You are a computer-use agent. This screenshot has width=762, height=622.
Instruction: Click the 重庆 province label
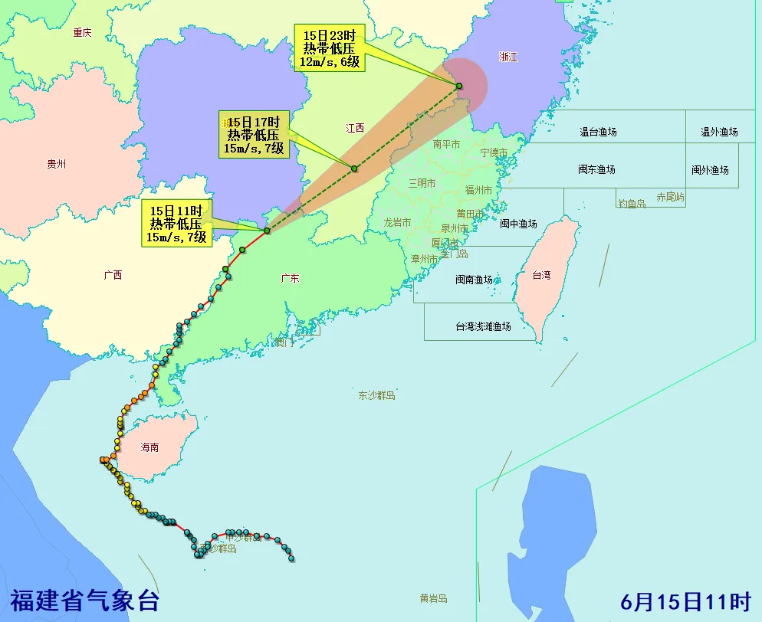pos(82,32)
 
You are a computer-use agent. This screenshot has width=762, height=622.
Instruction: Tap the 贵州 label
pos(57,164)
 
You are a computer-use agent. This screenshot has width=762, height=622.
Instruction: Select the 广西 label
pos(112,275)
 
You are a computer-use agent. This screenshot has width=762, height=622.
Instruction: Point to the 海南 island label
pos(149,447)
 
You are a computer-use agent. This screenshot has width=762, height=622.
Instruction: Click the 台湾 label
pos(542,274)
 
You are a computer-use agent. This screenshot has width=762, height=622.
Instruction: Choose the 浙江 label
pos(507,57)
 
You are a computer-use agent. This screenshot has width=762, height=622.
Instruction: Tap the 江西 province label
pos(355,128)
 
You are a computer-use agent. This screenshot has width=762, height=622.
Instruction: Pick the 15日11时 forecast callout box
pos(176,224)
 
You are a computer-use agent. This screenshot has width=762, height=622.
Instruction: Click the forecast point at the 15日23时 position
pos(458,86)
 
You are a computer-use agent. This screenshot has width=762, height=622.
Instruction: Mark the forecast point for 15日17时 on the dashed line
pos(354,169)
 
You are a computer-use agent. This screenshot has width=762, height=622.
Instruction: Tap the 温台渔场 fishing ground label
pos(598,132)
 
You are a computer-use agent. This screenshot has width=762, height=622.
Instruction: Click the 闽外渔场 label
pos(710,170)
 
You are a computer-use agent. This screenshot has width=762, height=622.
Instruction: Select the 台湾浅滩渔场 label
pos(483,326)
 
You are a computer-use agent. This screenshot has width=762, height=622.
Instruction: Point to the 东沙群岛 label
pos(376,395)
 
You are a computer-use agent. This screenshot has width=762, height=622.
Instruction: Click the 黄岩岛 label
pos(433,598)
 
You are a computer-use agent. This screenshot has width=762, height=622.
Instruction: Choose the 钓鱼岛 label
pos(632,204)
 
